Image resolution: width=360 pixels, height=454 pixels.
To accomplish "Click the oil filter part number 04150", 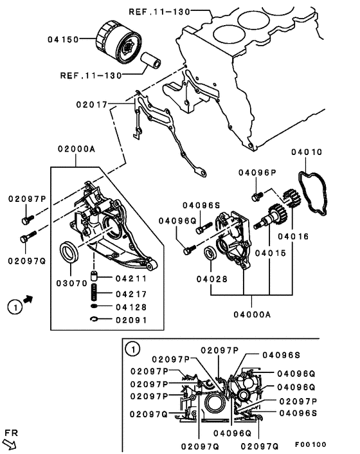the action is point(63,39).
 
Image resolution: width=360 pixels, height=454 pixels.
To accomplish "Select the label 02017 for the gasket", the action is point(92,104).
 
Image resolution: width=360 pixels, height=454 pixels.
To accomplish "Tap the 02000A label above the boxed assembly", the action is point(76,149).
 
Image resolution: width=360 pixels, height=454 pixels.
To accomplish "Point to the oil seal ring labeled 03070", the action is point(69,251).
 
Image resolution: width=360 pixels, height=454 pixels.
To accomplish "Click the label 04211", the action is point(131,278).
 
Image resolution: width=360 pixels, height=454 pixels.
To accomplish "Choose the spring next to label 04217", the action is point(94,292).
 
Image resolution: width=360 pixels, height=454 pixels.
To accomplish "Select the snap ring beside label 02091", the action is point(94,319).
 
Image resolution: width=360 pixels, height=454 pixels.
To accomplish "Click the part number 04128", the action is point(131,307).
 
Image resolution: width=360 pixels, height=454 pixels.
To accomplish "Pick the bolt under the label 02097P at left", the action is point(28,220).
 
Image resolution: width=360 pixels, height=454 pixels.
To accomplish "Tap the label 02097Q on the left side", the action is point(27,261).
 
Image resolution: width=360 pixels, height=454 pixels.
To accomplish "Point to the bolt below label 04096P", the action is point(257,196).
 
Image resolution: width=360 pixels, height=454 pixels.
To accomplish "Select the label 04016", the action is point(293,237).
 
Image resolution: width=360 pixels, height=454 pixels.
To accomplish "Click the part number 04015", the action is point(270,253).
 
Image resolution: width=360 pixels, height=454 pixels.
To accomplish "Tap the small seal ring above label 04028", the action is point(210,253).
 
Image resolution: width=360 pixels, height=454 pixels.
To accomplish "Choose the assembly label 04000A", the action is point(252,314).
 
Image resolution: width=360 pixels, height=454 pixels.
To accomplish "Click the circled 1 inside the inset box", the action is point(132,349).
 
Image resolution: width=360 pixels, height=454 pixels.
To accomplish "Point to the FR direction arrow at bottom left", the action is point(10,444).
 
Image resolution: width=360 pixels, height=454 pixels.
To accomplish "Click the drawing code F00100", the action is point(310,444).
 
